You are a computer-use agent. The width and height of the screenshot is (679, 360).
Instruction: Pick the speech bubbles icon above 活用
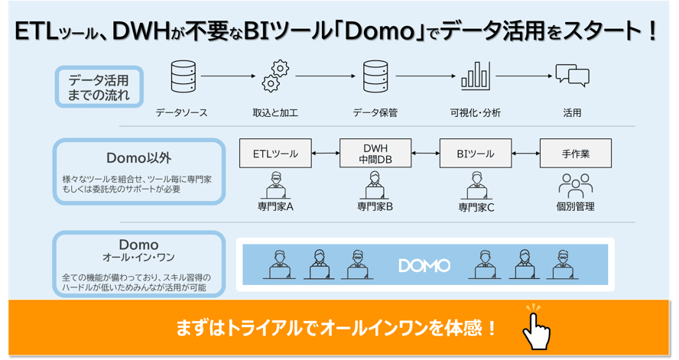572,76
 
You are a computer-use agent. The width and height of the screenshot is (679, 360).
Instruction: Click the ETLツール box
275,154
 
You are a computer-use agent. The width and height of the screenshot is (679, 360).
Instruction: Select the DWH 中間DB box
375,154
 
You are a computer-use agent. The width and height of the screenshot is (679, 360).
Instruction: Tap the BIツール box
475,154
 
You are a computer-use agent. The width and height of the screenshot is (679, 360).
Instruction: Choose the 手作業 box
575,154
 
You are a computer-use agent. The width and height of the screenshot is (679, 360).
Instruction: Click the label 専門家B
375,206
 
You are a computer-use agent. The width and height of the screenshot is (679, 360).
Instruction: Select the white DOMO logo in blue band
424,266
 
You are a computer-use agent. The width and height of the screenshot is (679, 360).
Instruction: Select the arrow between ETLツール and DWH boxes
325,154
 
